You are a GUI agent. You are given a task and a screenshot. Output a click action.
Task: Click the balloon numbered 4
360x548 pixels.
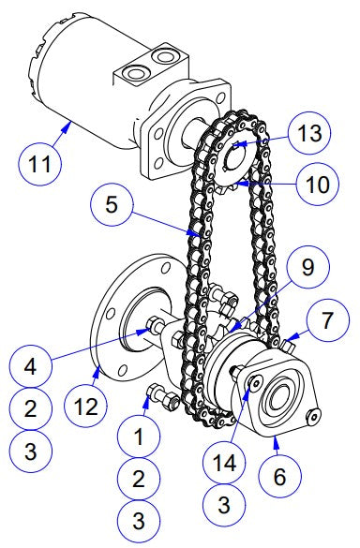tap(30, 368)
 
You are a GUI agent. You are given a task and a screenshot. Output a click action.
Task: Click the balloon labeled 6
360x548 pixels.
tap(278, 475)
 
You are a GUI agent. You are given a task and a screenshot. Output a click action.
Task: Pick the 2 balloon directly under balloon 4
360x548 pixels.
tap(30, 408)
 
